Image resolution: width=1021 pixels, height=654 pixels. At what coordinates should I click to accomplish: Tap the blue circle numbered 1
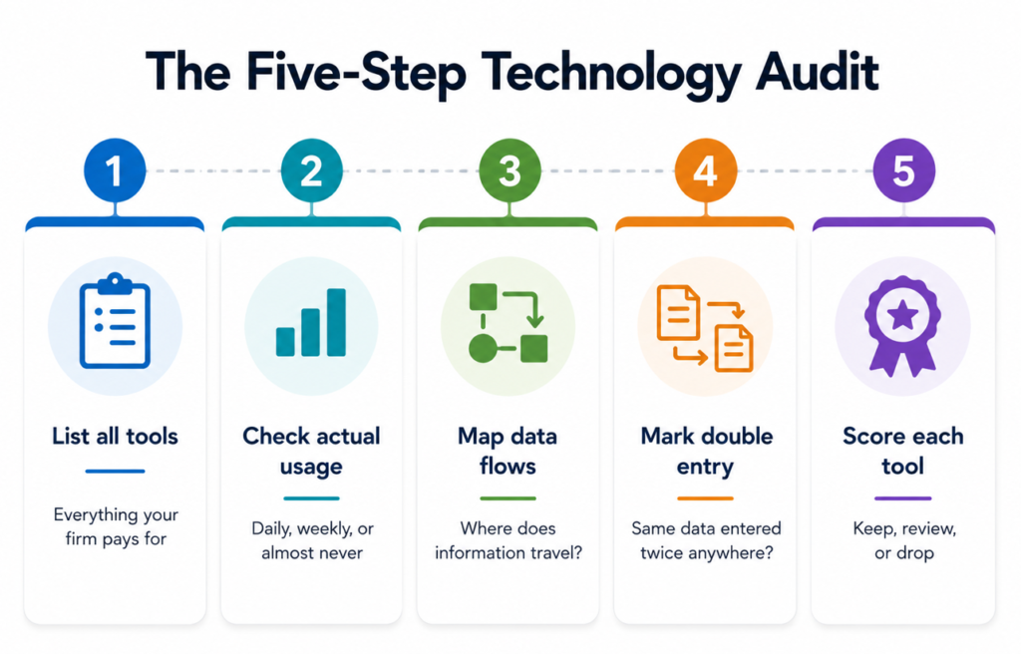coord(115,170)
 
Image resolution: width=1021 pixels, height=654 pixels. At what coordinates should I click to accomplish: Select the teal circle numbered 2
coord(311,170)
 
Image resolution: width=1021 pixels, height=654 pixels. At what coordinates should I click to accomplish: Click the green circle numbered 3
coord(510,170)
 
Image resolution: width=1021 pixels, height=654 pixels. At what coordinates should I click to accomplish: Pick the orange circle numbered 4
coord(706,170)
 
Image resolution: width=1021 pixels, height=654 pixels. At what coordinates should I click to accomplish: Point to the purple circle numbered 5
coord(903,170)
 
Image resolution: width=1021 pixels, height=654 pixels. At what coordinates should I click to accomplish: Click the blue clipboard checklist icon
coord(115,320)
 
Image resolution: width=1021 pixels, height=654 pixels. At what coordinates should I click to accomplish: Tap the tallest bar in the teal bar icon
coord(336,322)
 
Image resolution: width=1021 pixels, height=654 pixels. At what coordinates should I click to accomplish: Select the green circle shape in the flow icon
coord(484,349)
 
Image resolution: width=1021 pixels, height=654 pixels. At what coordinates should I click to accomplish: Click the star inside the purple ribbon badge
coord(902,316)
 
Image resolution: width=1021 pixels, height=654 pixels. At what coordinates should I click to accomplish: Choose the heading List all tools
coord(116,436)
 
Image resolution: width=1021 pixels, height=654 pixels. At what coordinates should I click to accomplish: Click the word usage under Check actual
coord(311,467)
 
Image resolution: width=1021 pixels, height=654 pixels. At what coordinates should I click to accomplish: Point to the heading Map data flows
coord(508,451)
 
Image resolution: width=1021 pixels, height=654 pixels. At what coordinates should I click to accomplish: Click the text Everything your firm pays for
coord(116,526)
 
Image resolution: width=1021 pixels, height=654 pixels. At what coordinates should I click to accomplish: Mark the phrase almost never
coord(312,553)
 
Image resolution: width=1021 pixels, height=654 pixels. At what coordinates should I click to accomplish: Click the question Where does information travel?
coord(508,540)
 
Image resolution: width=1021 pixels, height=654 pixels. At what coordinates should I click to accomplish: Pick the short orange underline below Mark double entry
coord(705,498)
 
